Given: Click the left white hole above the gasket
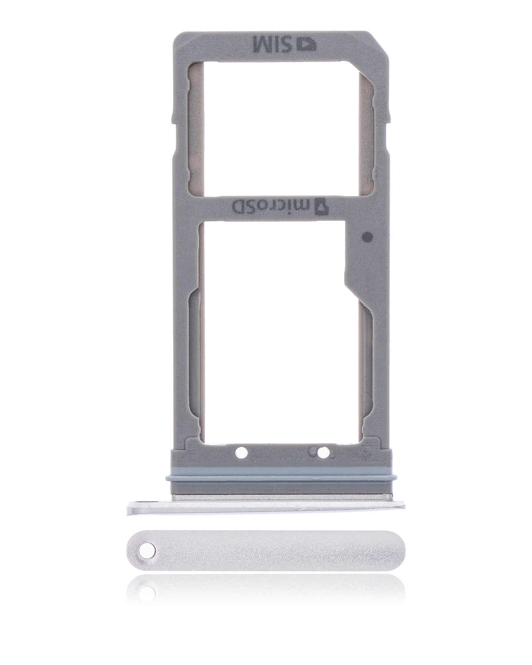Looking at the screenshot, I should point(242,453).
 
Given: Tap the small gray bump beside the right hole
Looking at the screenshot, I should point(315,452).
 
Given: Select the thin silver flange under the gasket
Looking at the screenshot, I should point(266,505).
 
